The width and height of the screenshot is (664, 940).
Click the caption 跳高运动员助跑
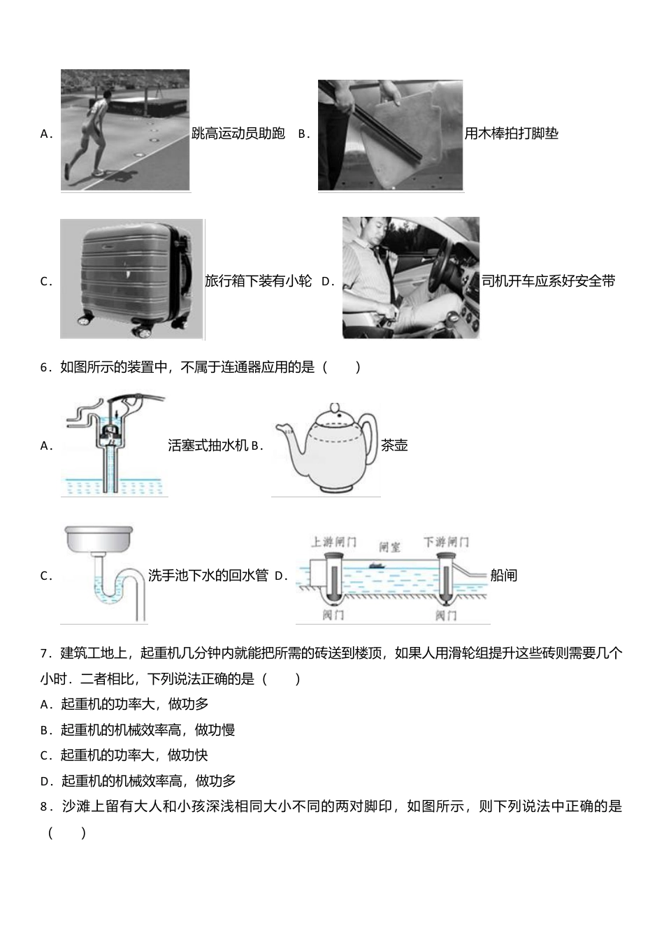coord(238,134)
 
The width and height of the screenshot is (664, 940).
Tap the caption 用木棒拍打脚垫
coord(512,134)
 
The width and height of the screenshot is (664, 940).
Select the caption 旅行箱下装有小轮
coord(258,281)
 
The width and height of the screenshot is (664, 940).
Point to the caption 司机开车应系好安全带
coord(549,281)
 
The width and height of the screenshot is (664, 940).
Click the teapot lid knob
coord(335,408)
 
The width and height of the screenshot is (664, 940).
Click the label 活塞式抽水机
coord(208,446)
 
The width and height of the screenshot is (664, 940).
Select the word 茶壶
coord(395,446)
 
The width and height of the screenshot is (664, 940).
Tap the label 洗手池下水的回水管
coord(208,576)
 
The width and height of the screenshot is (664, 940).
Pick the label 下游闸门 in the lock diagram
coord(446,542)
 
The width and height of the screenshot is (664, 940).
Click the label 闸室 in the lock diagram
coord(389,546)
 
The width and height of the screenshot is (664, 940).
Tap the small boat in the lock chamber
coord(377,565)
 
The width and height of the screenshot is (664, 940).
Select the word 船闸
coord(503,576)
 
